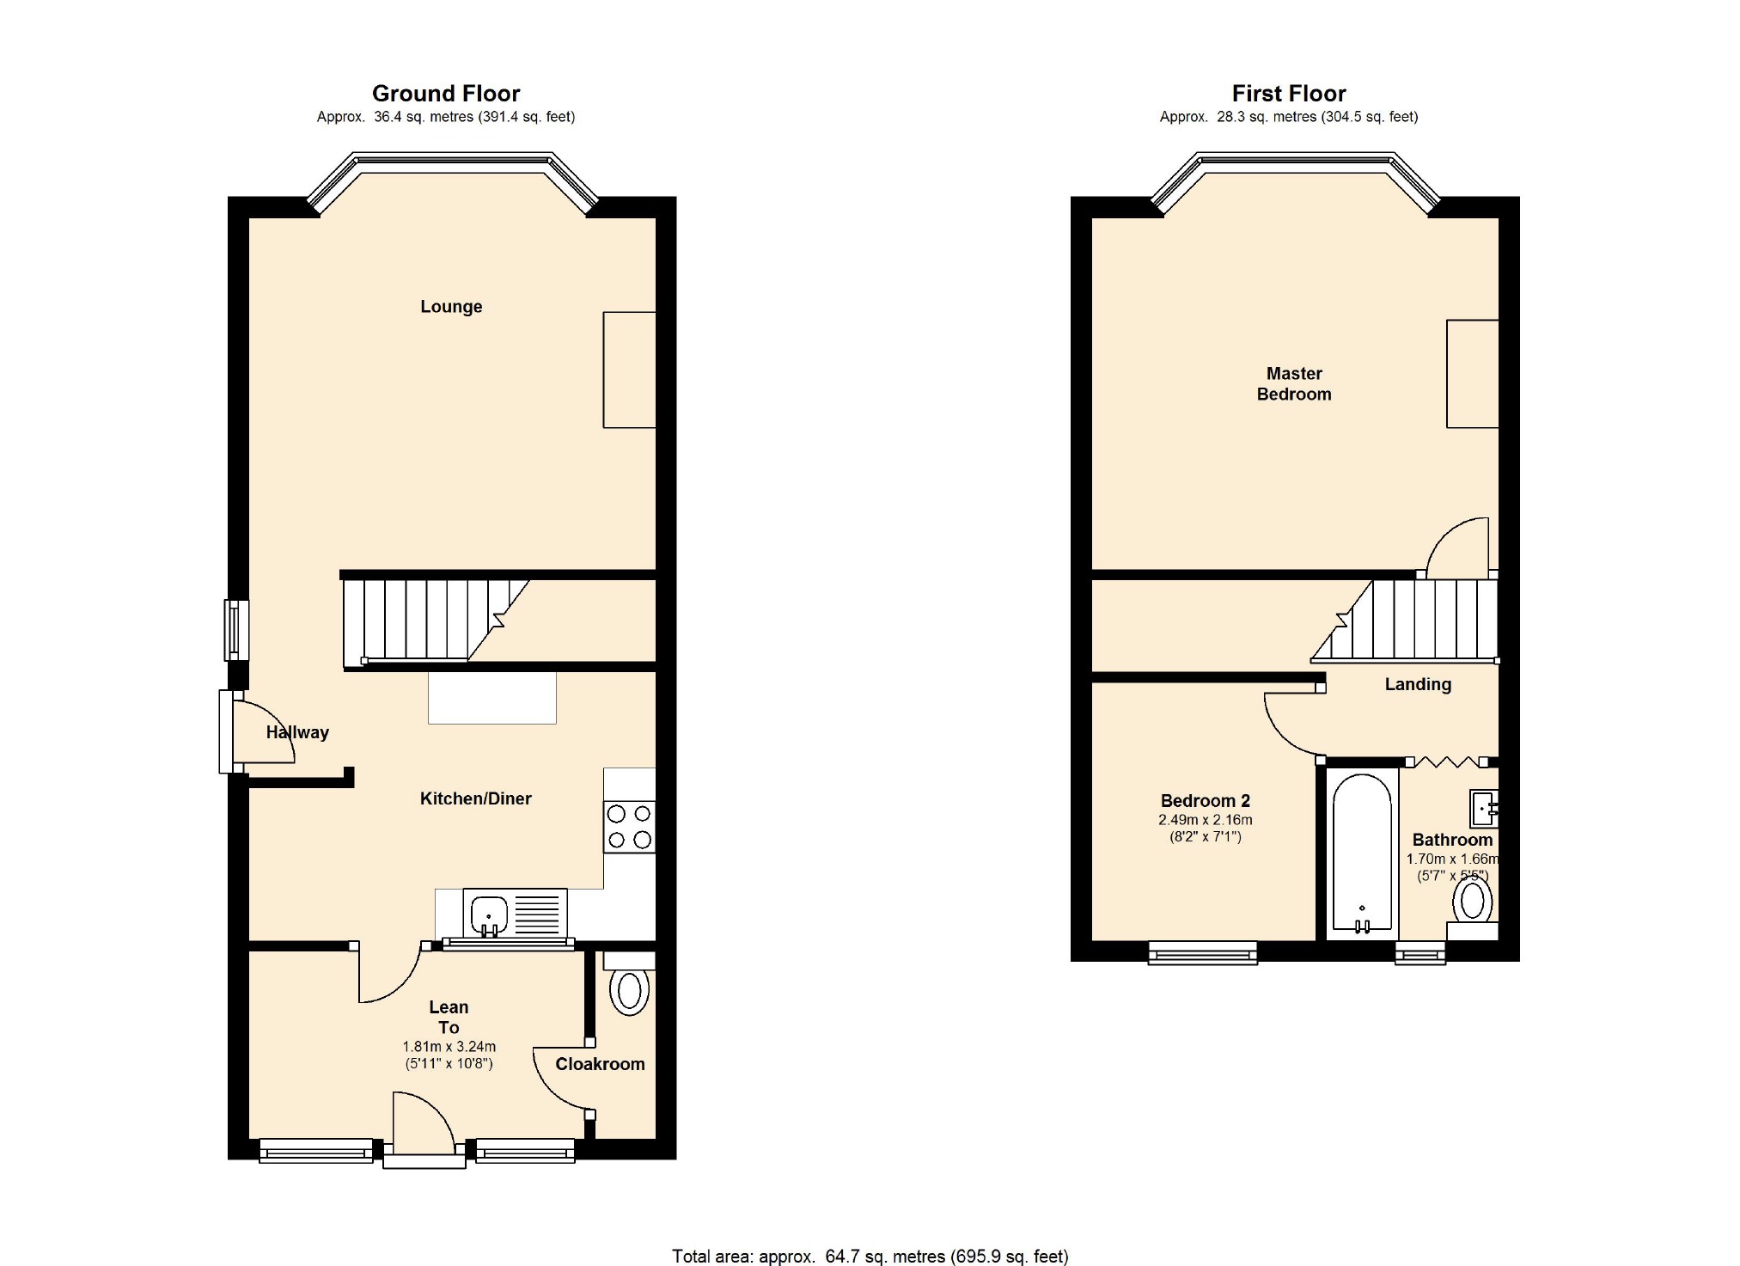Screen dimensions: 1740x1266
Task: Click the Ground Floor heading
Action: (446, 93)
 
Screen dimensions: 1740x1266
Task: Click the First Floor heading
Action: (1289, 93)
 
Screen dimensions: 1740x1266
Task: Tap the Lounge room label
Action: (451, 307)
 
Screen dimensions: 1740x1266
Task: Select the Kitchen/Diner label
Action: (475, 798)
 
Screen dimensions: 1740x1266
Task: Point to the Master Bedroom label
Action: (1294, 384)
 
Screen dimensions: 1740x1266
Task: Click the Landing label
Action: (1418, 685)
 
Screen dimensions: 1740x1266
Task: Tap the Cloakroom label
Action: (600, 1064)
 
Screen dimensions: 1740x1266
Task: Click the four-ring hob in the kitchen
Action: (630, 827)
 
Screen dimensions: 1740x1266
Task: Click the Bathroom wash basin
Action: (1484, 808)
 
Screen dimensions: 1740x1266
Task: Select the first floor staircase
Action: (1405, 620)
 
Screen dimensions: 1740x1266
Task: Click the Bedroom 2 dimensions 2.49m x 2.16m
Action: (1206, 820)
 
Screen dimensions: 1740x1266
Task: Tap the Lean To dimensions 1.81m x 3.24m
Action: (449, 1047)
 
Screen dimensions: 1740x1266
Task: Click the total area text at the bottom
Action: (870, 1257)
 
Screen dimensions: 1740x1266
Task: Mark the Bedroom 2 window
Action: (1203, 952)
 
